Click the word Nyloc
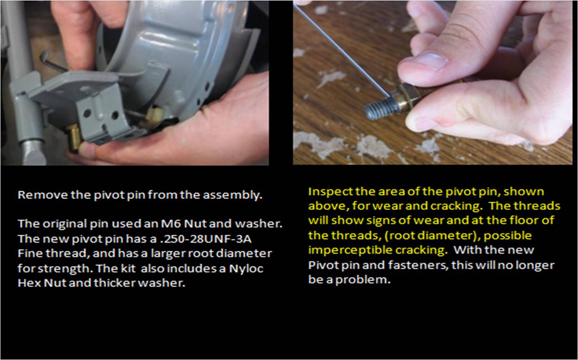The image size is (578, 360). pyautogui.click(x=246, y=269)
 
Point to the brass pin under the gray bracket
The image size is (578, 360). pyautogui.click(x=74, y=137)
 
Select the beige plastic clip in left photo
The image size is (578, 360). pyautogui.click(x=155, y=114)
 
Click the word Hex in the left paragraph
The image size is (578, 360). pyautogui.click(x=29, y=283)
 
